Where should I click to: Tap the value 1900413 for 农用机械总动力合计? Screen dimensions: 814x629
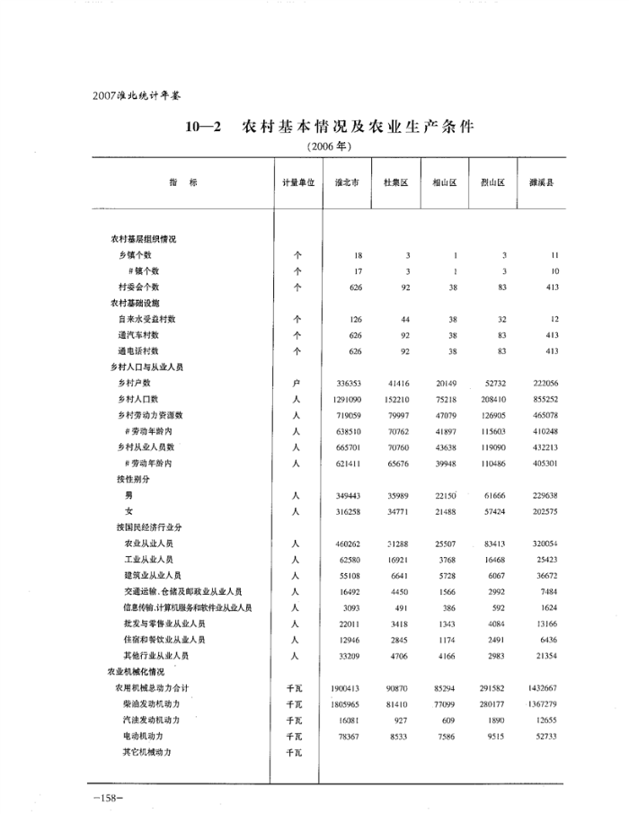pyautogui.click(x=343, y=687)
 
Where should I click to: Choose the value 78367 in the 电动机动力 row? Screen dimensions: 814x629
pyautogui.click(x=347, y=736)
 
